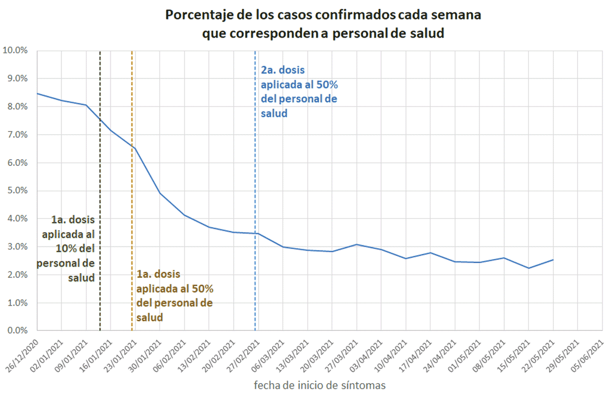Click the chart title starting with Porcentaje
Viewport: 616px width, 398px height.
pyautogui.click(x=323, y=24)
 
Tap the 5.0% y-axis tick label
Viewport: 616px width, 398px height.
pyautogui.click(x=16, y=191)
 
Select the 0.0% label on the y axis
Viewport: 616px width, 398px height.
pyautogui.click(x=16, y=331)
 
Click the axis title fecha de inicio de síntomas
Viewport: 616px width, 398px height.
pyautogui.click(x=319, y=385)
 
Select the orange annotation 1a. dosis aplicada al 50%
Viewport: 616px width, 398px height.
pyautogui.click(x=175, y=296)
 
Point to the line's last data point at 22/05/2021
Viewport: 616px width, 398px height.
pyautogui.click(x=553, y=260)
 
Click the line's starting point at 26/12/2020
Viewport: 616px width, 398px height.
pyautogui.click(x=37, y=93)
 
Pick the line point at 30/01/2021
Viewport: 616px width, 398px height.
pyautogui.click(x=160, y=193)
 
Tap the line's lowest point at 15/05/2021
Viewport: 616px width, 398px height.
pyautogui.click(x=528, y=268)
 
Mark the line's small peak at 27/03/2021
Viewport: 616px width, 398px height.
pyautogui.click(x=357, y=244)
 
